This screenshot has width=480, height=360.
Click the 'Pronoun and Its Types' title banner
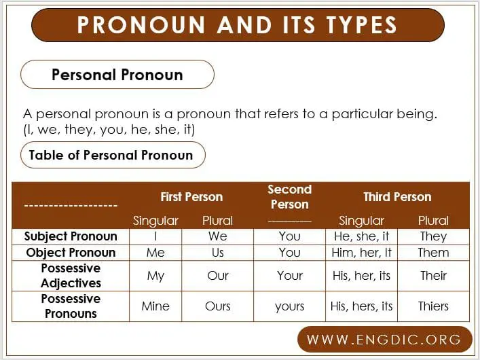(238, 25)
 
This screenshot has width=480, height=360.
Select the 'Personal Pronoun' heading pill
(117, 75)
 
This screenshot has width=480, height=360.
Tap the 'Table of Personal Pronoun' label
(111, 155)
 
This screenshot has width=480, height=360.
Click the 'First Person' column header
(191, 197)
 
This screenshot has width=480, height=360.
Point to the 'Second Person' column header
(289, 197)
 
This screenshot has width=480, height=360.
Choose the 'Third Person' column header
(397, 197)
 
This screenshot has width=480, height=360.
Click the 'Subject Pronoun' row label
(71, 236)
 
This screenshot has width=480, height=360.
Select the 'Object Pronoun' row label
(71, 253)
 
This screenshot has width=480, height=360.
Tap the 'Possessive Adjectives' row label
(71, 276)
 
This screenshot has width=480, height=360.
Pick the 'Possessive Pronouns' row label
(71, 306)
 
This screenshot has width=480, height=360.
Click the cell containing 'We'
(218, 236)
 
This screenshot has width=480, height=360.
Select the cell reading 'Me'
(155, 253)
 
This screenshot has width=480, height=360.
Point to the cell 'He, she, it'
(362, 236)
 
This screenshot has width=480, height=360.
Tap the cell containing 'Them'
(433, 253)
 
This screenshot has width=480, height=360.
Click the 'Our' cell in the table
(218, 276)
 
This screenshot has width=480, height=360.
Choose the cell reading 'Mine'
(155, 306)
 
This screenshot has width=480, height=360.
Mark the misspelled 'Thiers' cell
(433, 306)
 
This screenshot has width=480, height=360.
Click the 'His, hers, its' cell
(362, 306)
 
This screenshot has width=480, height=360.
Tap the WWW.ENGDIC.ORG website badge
(384, 339)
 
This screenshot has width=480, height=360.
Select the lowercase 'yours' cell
(290, 306)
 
